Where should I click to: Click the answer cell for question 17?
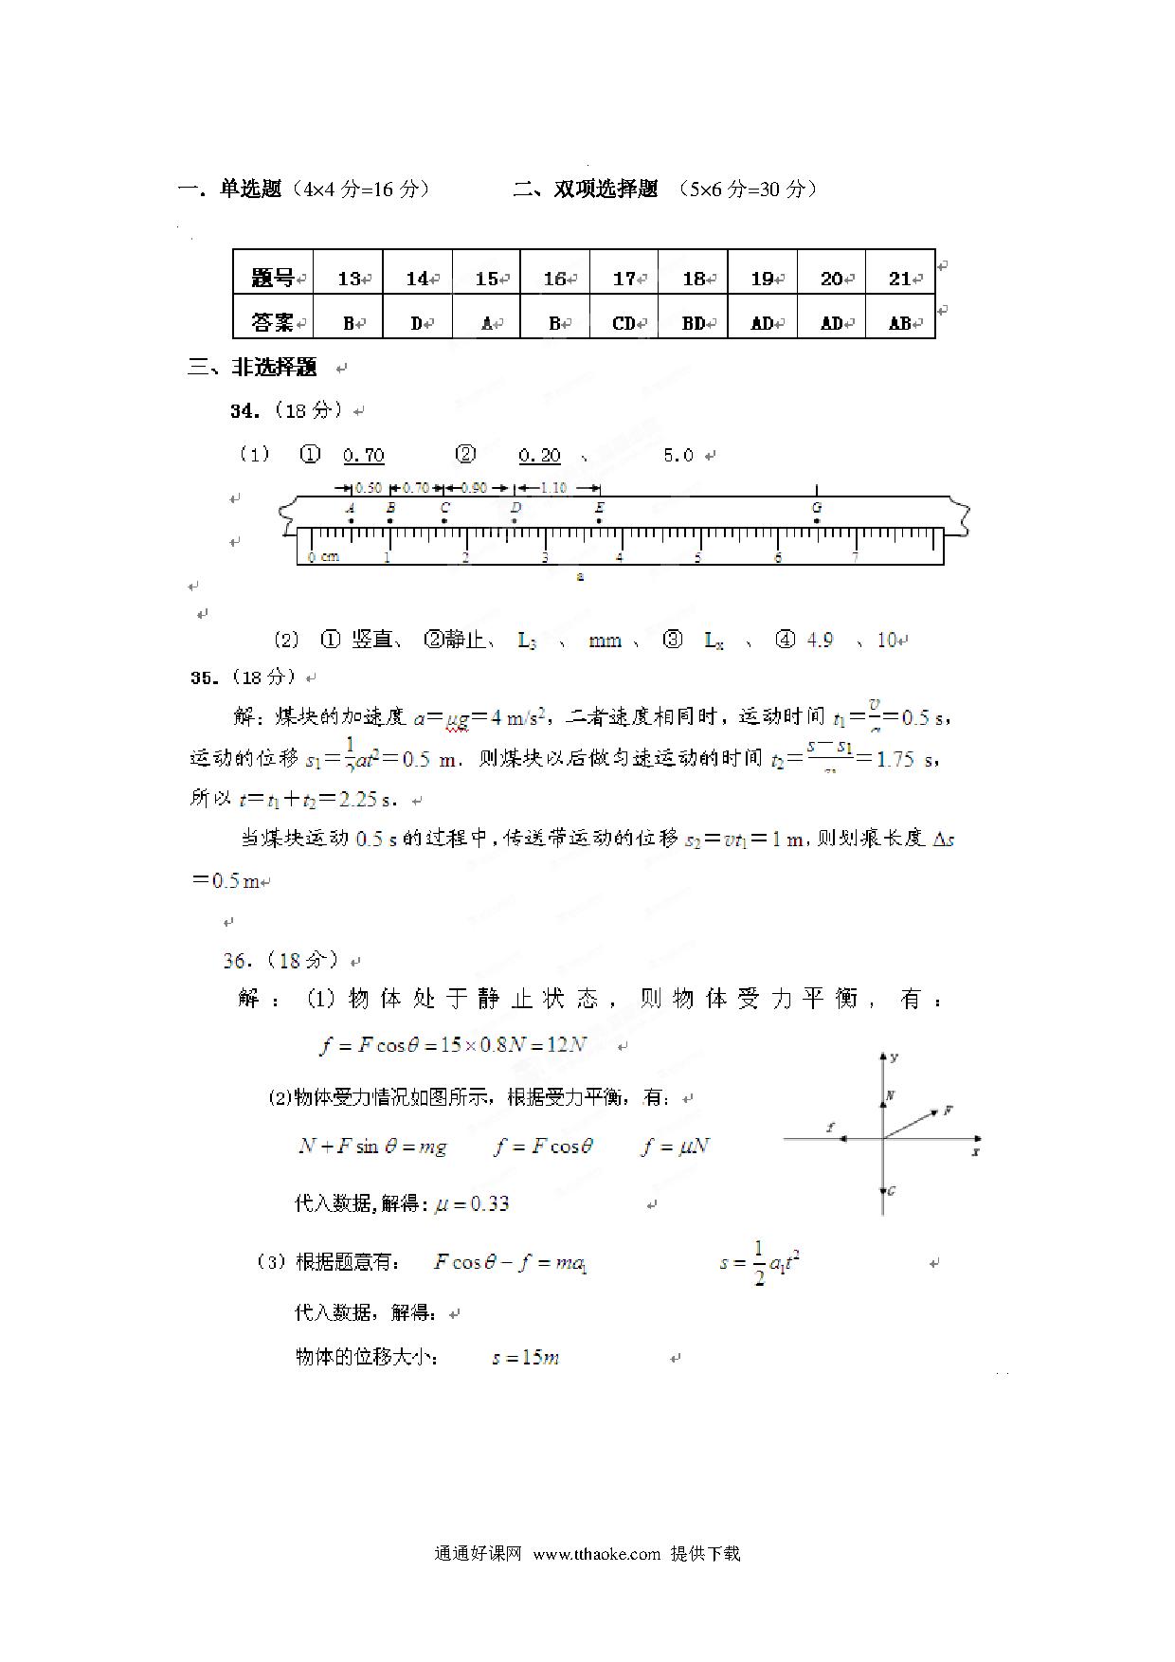pos(624,323)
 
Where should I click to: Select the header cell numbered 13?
pos(349,279)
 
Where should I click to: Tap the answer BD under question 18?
pos(694,323)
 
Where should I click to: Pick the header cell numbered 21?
pos(900,279)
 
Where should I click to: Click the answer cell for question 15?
pos(487,323)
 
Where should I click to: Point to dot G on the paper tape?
pos(817,520)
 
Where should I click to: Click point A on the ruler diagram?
pos(351,520)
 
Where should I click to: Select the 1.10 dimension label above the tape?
pos(553,488)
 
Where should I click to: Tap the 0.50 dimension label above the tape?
pos(368,488)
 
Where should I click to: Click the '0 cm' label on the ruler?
pos(323,557)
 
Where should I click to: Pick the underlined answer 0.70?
pos(364,456)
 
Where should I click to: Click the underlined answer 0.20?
pos(540,456)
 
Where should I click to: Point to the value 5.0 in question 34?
pos(678,456)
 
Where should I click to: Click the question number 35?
pos(205,677)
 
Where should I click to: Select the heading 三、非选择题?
pos(253,368)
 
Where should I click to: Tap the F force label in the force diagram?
pos(948,1110)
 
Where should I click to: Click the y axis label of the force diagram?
pos(895,1057)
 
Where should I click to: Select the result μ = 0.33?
pos(472,1204)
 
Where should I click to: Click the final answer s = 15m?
pos(526,1358)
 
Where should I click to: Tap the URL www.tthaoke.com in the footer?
pos(596,1554)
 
